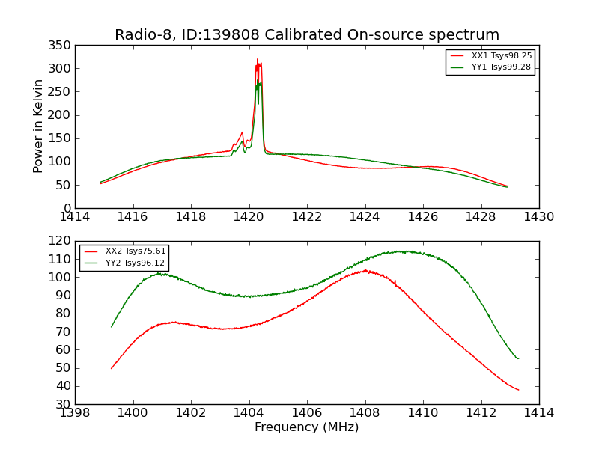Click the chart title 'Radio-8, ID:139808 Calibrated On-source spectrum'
point(307,35)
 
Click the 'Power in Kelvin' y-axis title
point(38,126)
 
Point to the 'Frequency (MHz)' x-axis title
point(307,427)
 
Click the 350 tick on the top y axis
point(62,46)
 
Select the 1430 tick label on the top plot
point(538,217)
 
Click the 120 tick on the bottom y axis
point(62,241)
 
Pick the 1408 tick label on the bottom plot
point(365,412)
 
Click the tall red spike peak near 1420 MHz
point(258,59)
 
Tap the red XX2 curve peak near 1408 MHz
point(365,271)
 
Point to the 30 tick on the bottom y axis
point(65,404)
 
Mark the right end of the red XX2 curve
point(518,390)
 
